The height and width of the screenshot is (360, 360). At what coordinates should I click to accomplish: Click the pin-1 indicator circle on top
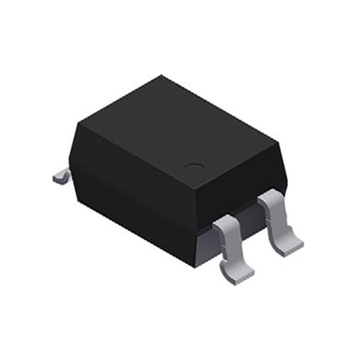tap(195, 167)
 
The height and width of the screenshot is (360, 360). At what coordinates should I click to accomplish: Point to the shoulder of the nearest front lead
tap(225, 225)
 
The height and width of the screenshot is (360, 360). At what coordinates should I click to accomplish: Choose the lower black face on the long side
tap(129, 211)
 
